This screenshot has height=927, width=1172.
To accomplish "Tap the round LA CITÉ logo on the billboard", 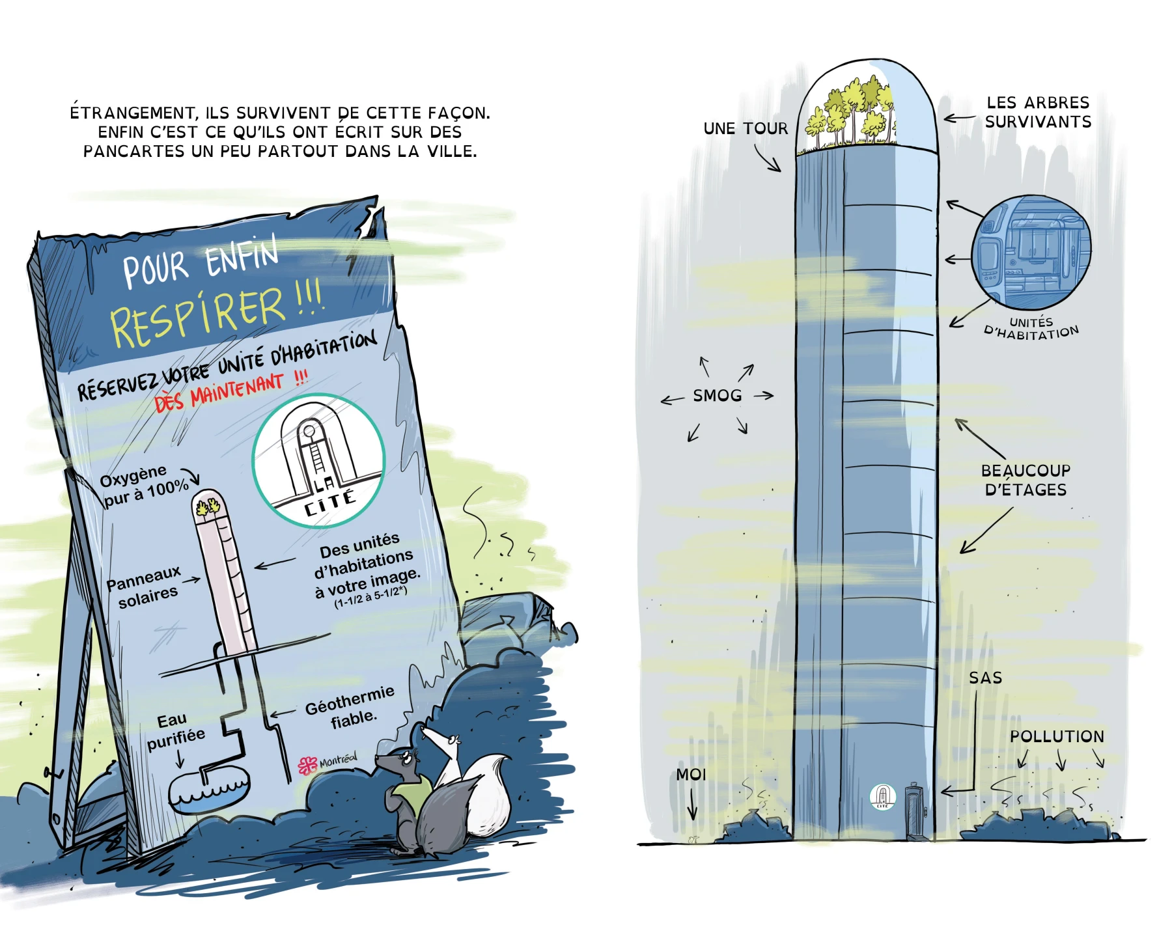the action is pyautogui.click(x=319, y=460).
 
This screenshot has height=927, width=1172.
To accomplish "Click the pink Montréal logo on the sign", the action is pyautogui.click(x=328, y=763).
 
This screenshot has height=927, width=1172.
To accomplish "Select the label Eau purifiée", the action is pyautogui.click(x=174, y=730).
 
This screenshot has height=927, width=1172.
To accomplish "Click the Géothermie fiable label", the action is pyautogui.click(x=350, y=708).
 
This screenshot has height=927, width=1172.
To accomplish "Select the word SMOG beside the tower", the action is pyautogui.click(x=718, y=396).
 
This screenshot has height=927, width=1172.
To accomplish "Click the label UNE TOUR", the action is pyautogui.click(x=746, y=129).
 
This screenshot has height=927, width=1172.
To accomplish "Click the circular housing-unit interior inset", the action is pyautogui.click(x=1031, y=252).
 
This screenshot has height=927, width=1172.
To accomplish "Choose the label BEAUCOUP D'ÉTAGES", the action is pyautogui.click(x=1025, y=480).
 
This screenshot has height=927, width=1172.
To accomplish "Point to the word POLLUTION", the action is pyautogui.click(x=1057, y=736).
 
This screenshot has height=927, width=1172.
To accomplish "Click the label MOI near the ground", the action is pyautogui.click(x=691, y=775).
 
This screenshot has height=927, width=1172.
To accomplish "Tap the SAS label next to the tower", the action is pyautogui.click(x=985, y=678).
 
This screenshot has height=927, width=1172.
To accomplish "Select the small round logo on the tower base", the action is pyautogui.click(x=882, y=796).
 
